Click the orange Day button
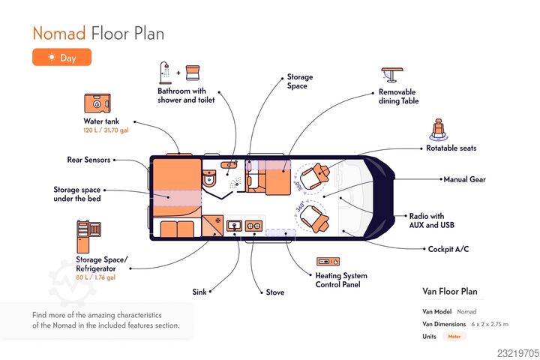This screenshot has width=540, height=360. click(62, 57)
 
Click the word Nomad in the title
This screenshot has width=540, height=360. click(59, 34)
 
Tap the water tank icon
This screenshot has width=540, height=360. click(97, 103)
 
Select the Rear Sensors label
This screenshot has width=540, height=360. click(88, 160)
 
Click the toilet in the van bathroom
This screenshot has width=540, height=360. click(209, 178)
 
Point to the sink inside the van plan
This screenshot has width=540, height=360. click(234, 226)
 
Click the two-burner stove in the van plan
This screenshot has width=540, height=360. click(253, 226)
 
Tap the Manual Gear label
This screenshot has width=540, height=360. click(464, 179)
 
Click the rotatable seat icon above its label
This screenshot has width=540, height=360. click(438, 130)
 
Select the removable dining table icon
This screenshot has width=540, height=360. click(392, 74)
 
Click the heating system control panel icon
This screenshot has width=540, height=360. click(328, 262)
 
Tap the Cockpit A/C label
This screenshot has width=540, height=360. click(448, 249)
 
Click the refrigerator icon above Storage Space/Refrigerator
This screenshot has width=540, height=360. click(88, 236)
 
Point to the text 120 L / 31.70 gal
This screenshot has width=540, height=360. click(106, 130)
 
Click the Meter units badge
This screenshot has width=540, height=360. click(454, 337)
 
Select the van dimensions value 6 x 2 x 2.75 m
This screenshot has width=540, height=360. click(490, 324)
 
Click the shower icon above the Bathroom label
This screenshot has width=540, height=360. click(165, 73)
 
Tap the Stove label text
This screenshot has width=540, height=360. click(275, 292)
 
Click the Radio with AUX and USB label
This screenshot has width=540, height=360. click(431, 220)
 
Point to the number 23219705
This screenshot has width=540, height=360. click(518, 353)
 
